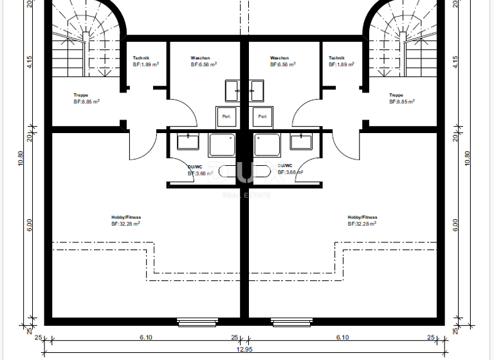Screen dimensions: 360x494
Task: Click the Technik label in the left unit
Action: pyautogui.click(x=142, y=58)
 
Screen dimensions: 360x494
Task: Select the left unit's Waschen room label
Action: pyautogui.click(x=200, y=58)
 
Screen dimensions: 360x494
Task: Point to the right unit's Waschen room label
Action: pyautogui.click(x=280, y=58)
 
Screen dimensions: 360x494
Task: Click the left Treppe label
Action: pyautogui.click(x=81, y=95)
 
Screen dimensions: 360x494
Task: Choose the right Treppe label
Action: pyautogui.click(x=396, y=95)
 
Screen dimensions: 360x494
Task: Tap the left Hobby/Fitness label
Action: pyautogui.click(x=125, y=217)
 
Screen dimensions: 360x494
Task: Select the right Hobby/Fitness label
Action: pyautogui.click(x=362, y=217)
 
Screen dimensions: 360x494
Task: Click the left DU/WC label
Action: pyautogui.click(x=196, y=166)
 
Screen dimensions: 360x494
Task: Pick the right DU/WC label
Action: pyautogui.click(x=286, y=166)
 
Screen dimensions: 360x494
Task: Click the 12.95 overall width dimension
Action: pyautogui.click(x=244, y=350)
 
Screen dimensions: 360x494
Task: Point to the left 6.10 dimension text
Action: pyautogui.click(x=145, y=337)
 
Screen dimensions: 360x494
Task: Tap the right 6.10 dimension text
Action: pyautogui.click(x=342, y=337)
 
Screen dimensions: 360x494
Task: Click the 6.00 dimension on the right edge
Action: pyautogui.click(x=455, y=224)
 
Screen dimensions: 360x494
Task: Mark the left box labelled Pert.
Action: pyautogui.click(x=226, y=116)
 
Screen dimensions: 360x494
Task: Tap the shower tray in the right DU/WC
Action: pyautogui.click(x=266, y=145)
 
